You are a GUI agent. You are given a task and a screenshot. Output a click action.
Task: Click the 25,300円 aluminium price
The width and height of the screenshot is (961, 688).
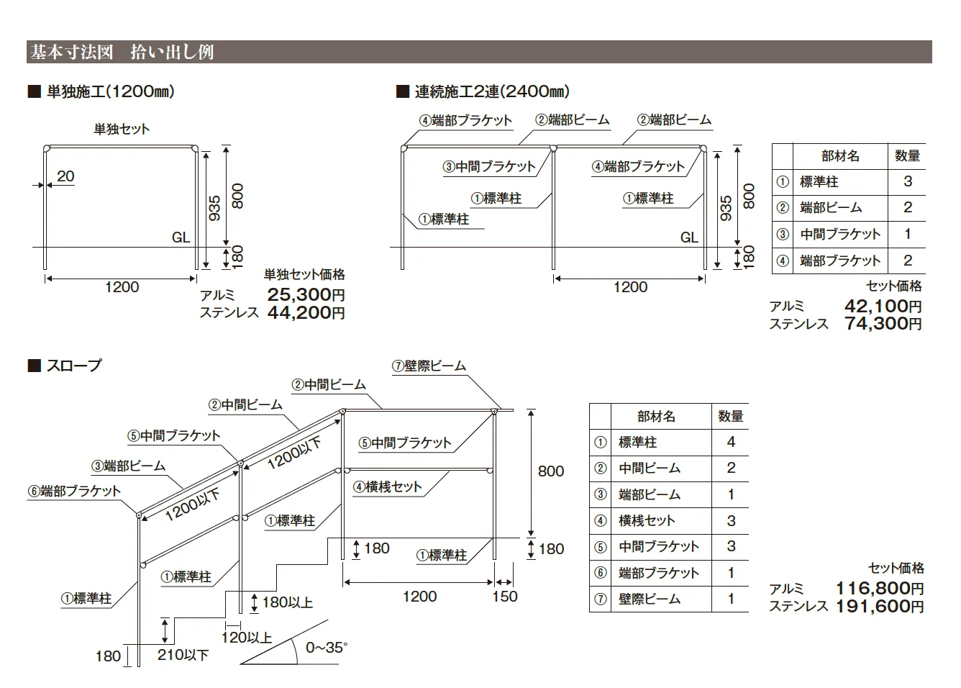click(x=306, y=295)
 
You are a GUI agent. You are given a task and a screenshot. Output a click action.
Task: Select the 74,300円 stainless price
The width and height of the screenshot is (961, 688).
click(x=883, y=324)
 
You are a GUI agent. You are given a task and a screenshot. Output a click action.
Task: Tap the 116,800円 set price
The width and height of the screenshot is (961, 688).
click(x=880, y=589)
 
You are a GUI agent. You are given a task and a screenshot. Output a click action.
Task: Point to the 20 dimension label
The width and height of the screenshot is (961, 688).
click(x=65, y=176)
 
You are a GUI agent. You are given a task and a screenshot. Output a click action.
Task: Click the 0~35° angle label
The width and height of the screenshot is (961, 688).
click(x=327, y=647)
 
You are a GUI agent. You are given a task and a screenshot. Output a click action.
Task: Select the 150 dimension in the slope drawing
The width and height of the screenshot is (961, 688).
click(x=505, y=596)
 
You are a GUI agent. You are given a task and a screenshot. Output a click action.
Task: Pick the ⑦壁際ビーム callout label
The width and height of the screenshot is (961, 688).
click(x=429, y=366)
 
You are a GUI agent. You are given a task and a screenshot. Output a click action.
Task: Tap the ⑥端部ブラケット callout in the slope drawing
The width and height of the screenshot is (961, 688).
click(x=74, y=491)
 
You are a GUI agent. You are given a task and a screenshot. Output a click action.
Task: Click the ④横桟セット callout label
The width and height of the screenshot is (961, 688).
click(x=388, y=486)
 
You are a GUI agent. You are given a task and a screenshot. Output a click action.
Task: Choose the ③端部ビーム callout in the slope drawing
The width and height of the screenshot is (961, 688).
click(x=128, y=466)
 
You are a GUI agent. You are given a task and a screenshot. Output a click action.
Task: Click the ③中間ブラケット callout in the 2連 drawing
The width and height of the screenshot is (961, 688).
click(x=489, y=166)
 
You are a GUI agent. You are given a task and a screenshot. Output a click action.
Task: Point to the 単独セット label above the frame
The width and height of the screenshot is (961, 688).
click(x=122, y=130)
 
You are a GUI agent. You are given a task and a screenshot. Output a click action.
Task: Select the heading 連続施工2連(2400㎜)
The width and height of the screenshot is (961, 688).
click(x=492, y=91)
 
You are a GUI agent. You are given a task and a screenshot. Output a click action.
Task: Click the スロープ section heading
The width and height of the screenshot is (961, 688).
click(x=74, y=366)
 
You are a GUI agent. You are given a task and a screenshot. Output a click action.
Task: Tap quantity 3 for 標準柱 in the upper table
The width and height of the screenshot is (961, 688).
click(x=907, y=181)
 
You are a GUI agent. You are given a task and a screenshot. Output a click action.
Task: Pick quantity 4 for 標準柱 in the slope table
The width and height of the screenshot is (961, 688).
click(x=731, y=442)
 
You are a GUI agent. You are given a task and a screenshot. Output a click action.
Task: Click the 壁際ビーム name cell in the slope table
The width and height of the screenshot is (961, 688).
click(x=650, y=599)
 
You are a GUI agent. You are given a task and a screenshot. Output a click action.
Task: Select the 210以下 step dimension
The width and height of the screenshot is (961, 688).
click(x=183, y=654)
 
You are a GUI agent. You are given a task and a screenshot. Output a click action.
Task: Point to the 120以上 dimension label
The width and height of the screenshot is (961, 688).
click(x=247, y=638)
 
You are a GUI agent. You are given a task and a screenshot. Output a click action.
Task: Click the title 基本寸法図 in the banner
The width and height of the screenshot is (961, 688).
click(x=72, y=52)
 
